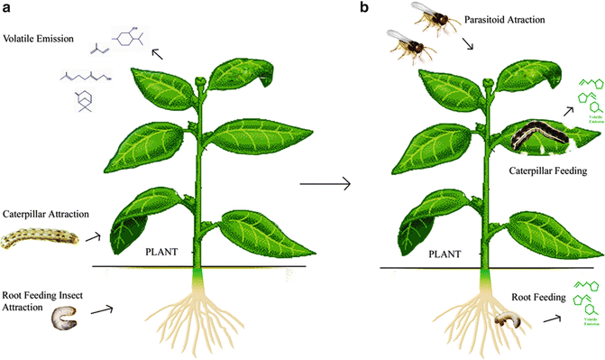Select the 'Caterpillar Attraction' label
45,214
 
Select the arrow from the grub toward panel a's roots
102,311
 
